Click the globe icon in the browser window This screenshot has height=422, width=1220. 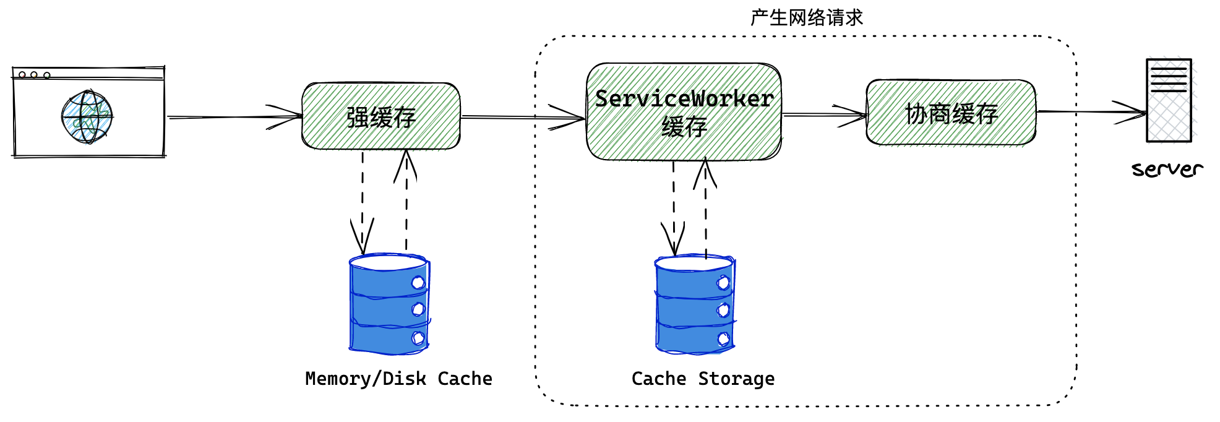(87, 116)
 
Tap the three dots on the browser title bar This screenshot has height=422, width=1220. (34, 75)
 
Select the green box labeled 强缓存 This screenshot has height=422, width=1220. (380, 116)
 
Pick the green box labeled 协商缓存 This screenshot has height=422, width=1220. (951, 113)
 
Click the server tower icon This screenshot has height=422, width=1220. (1169, 100)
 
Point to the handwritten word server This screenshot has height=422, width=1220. (1167, 169)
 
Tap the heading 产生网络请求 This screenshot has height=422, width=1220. (806, 17)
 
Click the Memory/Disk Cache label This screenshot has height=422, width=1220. (398, 379)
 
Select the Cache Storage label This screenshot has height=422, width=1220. (703, 379)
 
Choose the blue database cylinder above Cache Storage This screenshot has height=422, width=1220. (695, 304)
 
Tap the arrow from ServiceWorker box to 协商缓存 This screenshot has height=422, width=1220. (823, 114)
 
